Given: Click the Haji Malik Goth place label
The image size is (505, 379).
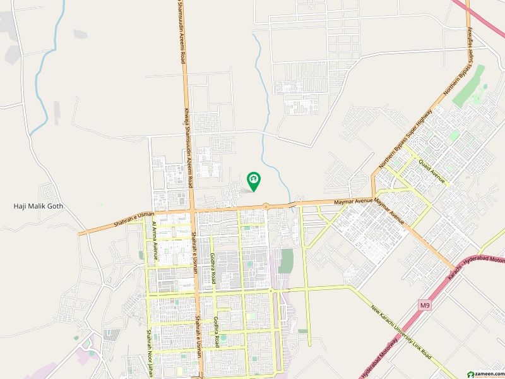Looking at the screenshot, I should point(39,207).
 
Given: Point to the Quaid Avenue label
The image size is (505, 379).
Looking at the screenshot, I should point(431,170).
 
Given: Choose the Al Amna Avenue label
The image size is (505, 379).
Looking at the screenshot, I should point(153,241).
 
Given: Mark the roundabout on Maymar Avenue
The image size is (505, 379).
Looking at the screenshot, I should point(266,205).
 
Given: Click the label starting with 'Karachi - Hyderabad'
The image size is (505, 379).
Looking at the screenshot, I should point(477,268).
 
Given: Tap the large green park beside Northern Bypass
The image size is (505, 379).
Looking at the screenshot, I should point(469,86).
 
